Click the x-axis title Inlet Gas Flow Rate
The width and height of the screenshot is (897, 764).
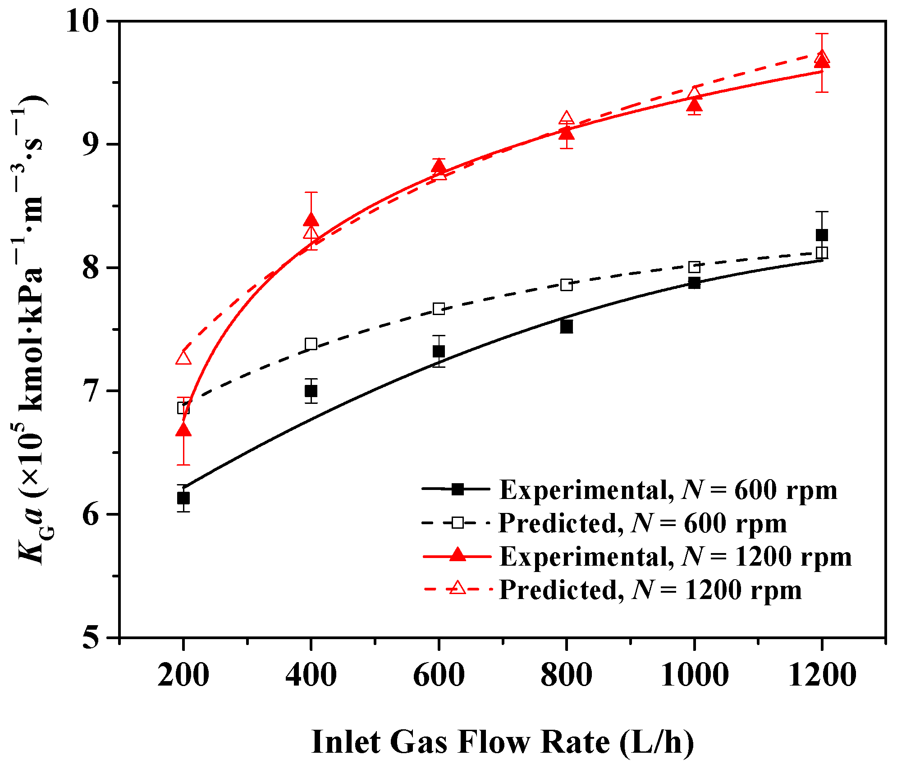(502, 741)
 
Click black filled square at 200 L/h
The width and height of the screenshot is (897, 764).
(183, 498)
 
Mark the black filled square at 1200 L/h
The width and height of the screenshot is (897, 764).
(822, 235)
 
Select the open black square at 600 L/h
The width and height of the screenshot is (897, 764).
(439, 309)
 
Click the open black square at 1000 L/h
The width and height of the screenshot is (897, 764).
(694, 267)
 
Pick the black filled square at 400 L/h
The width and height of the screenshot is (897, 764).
(311, 391)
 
